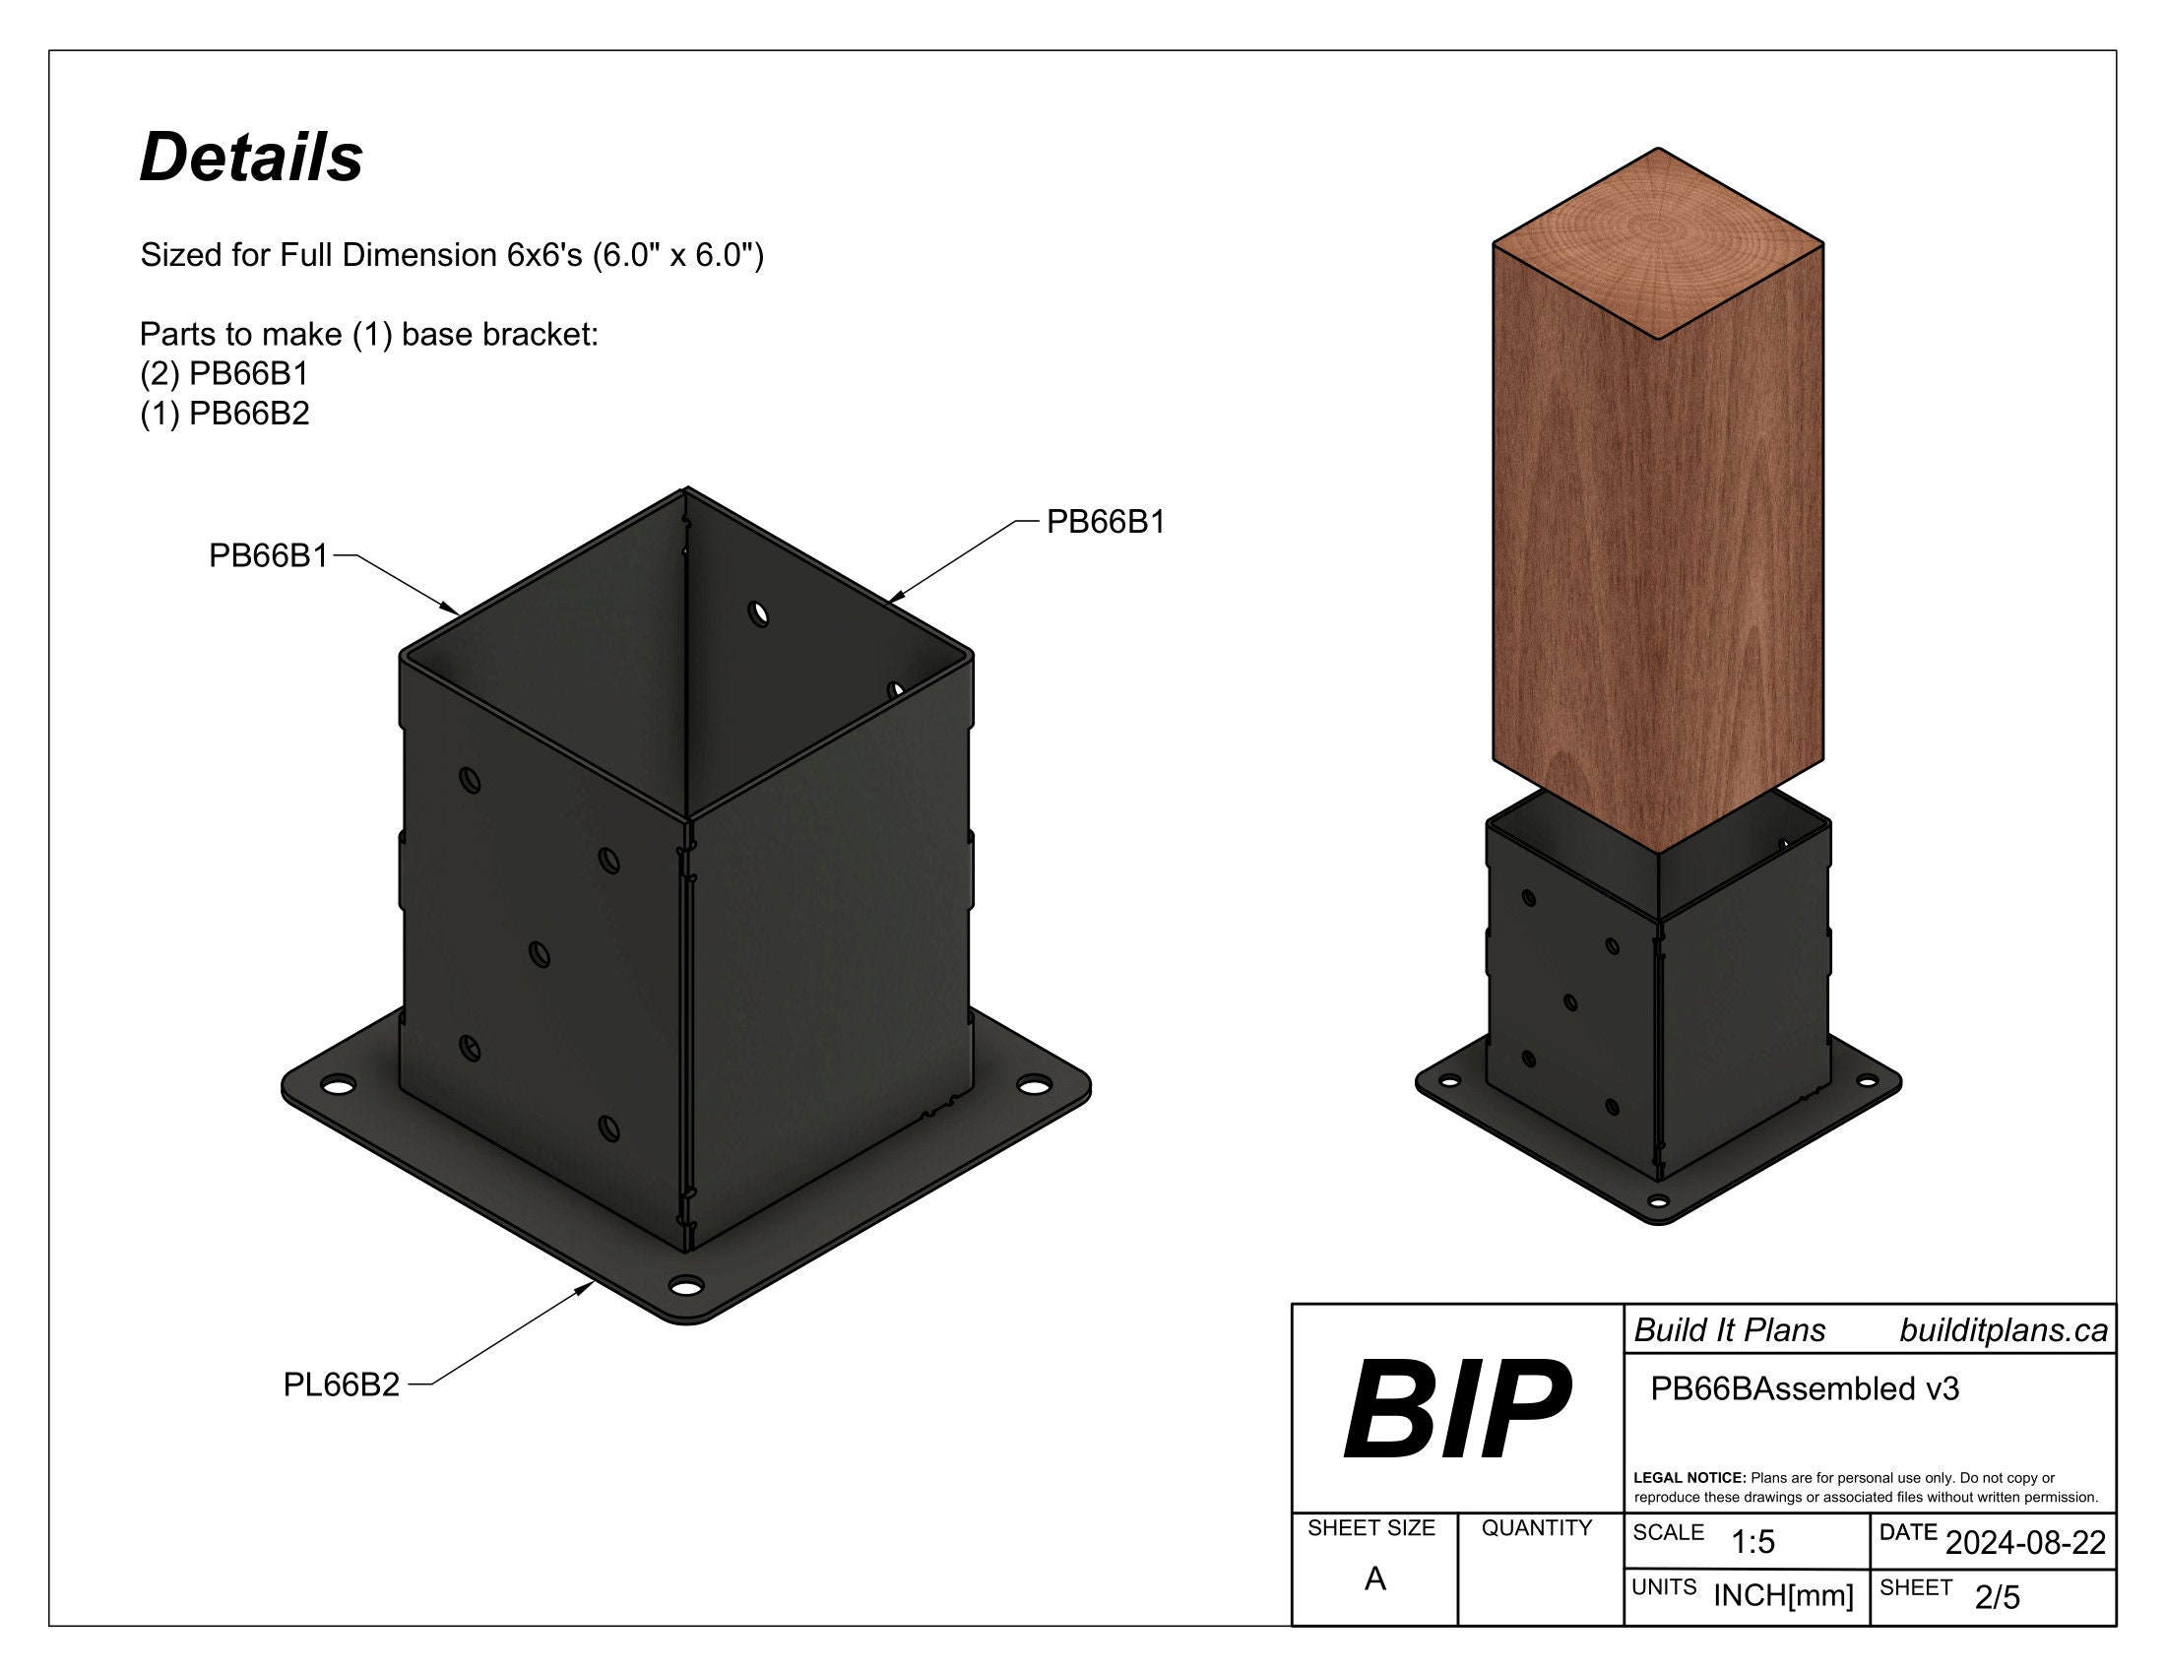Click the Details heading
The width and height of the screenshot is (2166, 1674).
pyautogui.click(x=251, y=158)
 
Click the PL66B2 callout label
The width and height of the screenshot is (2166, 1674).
pyautogui.click(x=342, y=1384)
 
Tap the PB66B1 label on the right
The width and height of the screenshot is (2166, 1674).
pyautogui.click(x=1105, y=522)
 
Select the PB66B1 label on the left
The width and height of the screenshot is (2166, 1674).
pyautogui.click(x=268, y=556)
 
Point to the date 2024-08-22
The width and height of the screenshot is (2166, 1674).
pyautogui.click(x=2025, y=1543)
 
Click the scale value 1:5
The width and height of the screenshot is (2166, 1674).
pyautogui.click(x=1752, y=1542)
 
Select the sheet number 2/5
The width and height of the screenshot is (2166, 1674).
pyautogui.click(x=1997, y=1597)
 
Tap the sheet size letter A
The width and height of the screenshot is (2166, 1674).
pyautogui.click(x=1374, y=1578)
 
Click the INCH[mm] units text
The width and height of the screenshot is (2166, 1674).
pyautogui.click(x=1783, y=1595)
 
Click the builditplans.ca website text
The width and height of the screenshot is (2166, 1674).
pyautogui.click(x=2004, y=1331)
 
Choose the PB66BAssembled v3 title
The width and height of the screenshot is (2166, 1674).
pyautogui.click(x=1804, y=1388)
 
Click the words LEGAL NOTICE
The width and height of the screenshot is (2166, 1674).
pyautogui.click(x=1688, y=1478)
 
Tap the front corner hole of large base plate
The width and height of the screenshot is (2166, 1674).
pyautogui.click(x=683, y=1287)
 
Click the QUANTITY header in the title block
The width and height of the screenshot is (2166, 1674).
pyautogui.click(x=1536, y=1528)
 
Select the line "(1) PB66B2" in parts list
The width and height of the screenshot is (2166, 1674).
pyautogui.click(x=224, y=413)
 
